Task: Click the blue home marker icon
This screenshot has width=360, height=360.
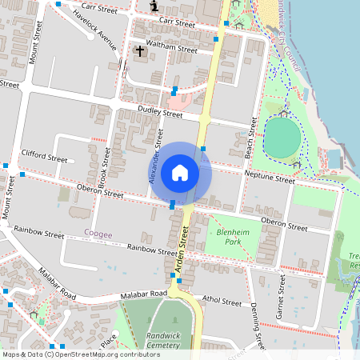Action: click(x=180, y=173)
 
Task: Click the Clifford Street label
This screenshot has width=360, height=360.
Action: click(x=45, y=158)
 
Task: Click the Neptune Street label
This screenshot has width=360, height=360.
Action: click(x=270, y=181)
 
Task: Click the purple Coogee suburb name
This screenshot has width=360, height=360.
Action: click(x=98, y=234)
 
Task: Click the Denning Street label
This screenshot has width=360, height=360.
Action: click(x=256, y=329)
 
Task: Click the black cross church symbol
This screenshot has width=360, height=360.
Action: click(x=140, y=51)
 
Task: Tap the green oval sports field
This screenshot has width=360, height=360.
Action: click(x=282, y=138)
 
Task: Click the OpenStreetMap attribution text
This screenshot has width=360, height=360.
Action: click(x=80, y=354)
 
